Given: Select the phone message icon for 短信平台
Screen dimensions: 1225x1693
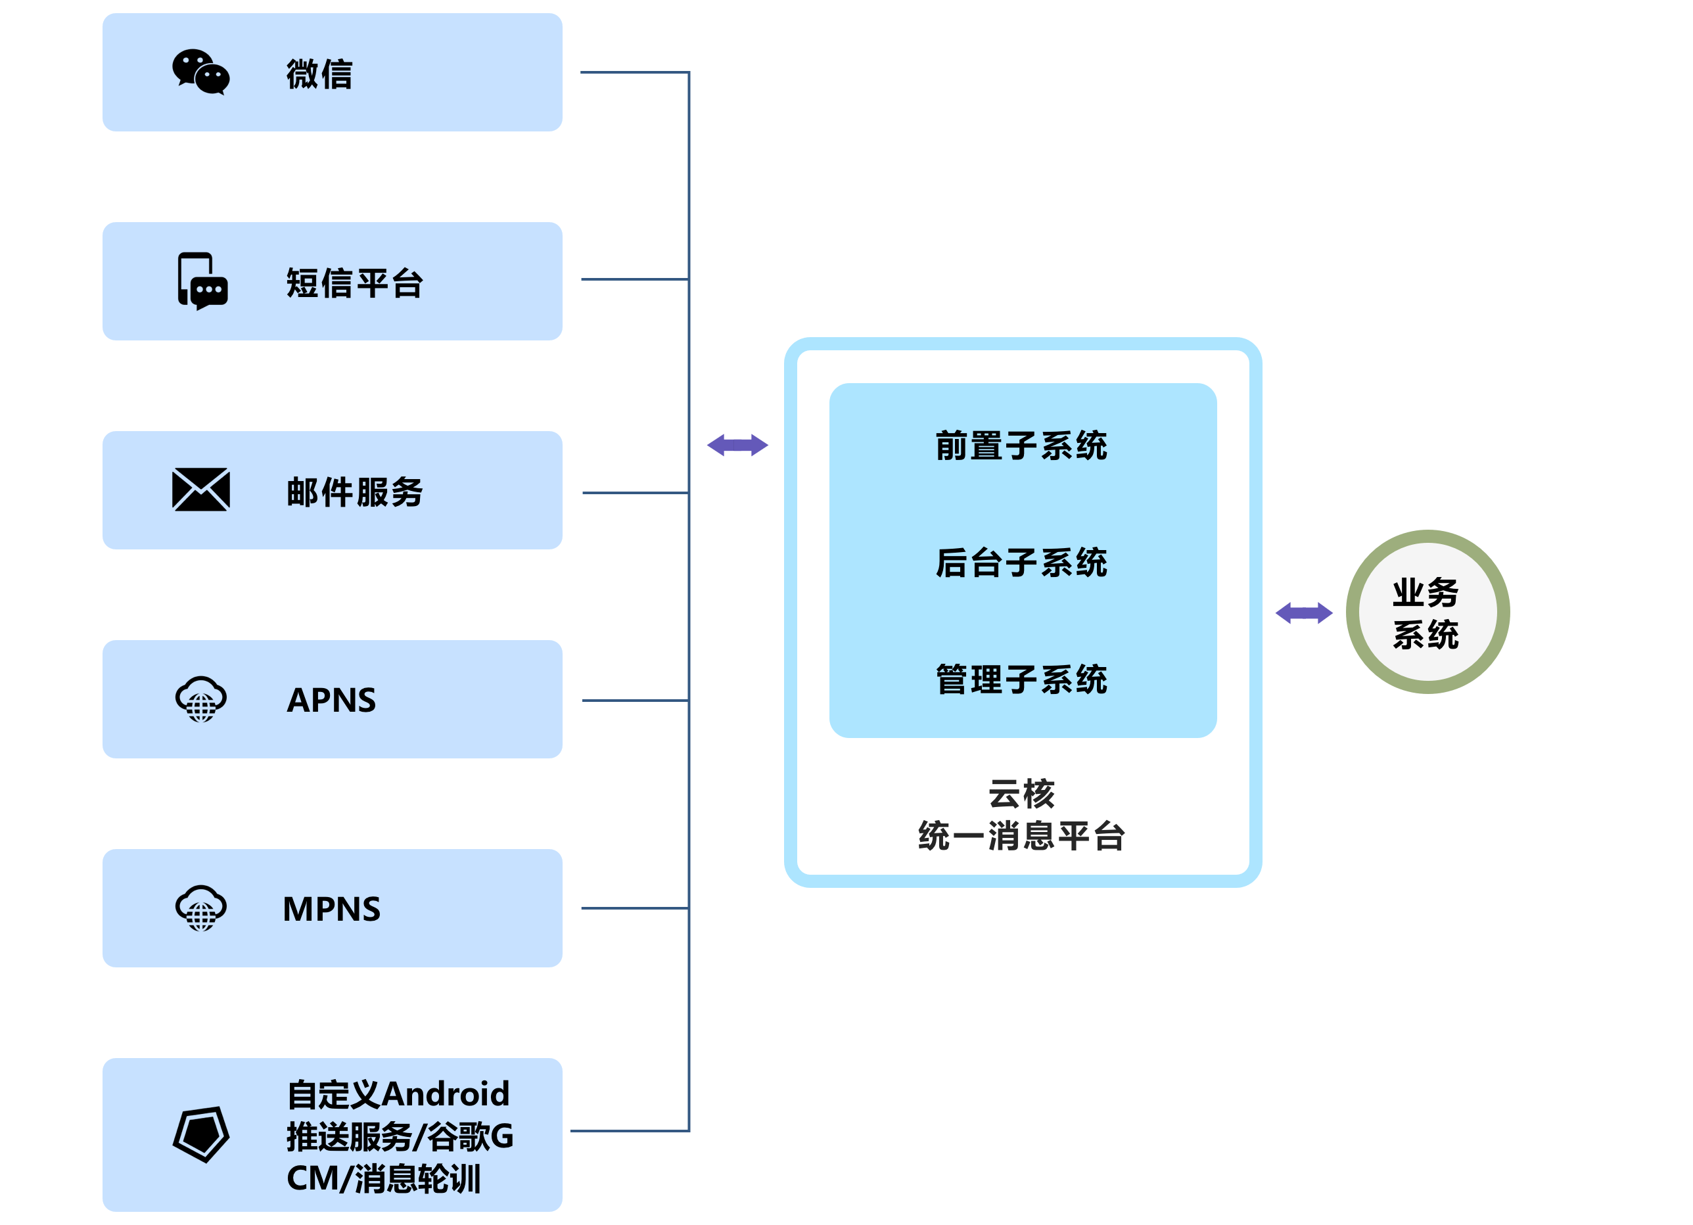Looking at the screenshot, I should [202, 281].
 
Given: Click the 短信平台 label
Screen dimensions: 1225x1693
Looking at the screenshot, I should [355, 284].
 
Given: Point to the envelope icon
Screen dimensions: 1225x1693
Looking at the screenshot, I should [201, 490].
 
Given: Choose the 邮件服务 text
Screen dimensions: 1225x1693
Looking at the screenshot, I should [355, 493].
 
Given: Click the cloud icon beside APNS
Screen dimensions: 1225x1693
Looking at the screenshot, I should [201, 699].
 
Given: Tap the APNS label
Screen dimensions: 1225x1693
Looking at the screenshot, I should [331, 700].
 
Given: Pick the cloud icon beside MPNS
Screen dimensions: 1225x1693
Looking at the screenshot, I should [201, 908].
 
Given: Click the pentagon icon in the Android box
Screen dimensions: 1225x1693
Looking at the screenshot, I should [201, 1134].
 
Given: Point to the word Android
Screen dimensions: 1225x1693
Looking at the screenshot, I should [446, 1094].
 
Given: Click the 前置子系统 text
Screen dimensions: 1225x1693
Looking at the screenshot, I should [1021, 446].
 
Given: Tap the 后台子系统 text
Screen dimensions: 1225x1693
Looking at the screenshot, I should [1021, 563].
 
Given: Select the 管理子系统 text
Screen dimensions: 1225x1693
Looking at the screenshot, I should [1021, 680].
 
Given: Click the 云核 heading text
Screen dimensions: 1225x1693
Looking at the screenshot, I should [1021, 793].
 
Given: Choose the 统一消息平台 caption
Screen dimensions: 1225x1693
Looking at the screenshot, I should [1021, 836].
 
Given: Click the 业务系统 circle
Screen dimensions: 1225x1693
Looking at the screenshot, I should [1427, 612].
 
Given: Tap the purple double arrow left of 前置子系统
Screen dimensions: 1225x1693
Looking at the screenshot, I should [737, 446].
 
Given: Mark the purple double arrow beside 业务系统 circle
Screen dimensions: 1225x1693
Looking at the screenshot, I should [1303, 613].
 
